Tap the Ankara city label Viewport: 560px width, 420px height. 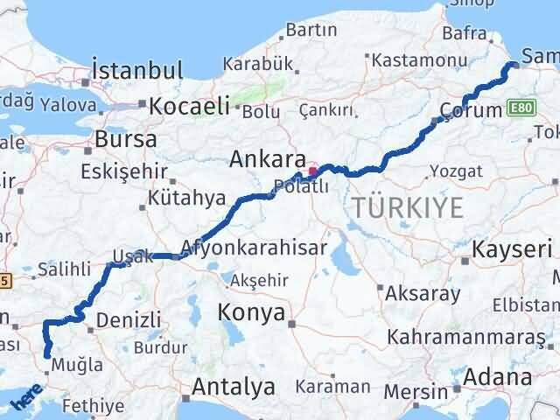(267, 160)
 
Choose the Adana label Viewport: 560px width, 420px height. (498, 378)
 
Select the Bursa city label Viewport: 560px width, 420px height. (126, 139)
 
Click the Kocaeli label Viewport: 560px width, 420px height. (189, 107)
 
